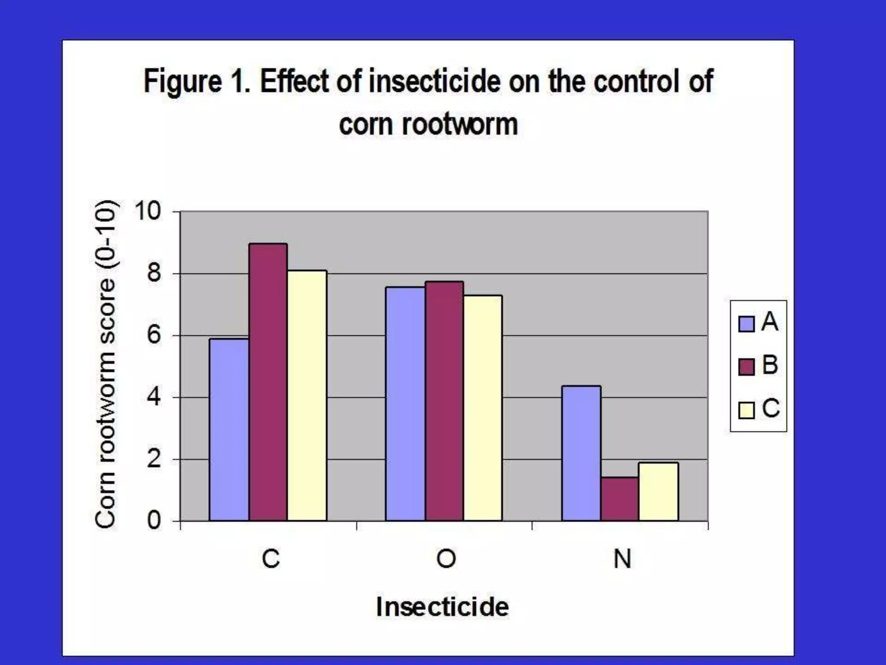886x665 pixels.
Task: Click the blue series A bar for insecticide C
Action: click(229, 429)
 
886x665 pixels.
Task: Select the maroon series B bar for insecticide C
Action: click(268, 382)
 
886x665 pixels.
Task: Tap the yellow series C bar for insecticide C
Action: click(307, 395)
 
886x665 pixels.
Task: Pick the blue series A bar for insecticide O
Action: click(405, 404)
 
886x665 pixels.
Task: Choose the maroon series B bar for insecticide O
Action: click(444, 401)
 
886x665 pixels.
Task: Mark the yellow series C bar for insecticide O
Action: click(483, 408)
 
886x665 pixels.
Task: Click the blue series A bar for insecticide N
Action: click(581, 453)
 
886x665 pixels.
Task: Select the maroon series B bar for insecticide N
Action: click(620, 499)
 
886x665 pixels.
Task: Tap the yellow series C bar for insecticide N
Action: click(658, 491)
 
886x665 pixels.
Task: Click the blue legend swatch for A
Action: click(746, 324)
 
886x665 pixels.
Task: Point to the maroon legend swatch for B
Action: click(746, 367)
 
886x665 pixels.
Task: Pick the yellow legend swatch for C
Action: click(746, 410)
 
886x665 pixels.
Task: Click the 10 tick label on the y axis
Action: click(148, 211)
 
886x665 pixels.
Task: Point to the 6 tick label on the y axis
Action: click(154, 336)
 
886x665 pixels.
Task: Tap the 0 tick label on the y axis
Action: click(154, 520)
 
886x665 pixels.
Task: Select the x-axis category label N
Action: click(622, 559)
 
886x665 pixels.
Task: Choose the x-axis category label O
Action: click(446, 559)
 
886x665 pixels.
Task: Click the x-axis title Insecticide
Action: click(442, 607)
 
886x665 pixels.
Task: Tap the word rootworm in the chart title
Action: click(459, 125)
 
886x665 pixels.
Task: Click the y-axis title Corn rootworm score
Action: click(105, 364)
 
